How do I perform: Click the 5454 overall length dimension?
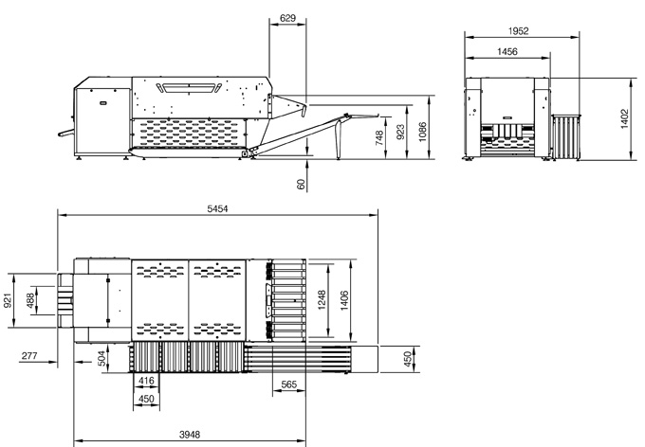tap(217, 208)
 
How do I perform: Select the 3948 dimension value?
tap(190, 435)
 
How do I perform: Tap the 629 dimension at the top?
tap(287, 18)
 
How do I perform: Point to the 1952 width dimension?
tap(518, 31)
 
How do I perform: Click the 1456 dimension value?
tap(507, 51)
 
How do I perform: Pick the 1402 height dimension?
tap(624, 118)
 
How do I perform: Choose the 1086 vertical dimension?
tap(422, 132)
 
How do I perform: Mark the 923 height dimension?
tap(400, 132)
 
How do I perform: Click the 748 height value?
tap(379, 137)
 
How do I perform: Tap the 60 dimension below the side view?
tap(301, 184)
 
